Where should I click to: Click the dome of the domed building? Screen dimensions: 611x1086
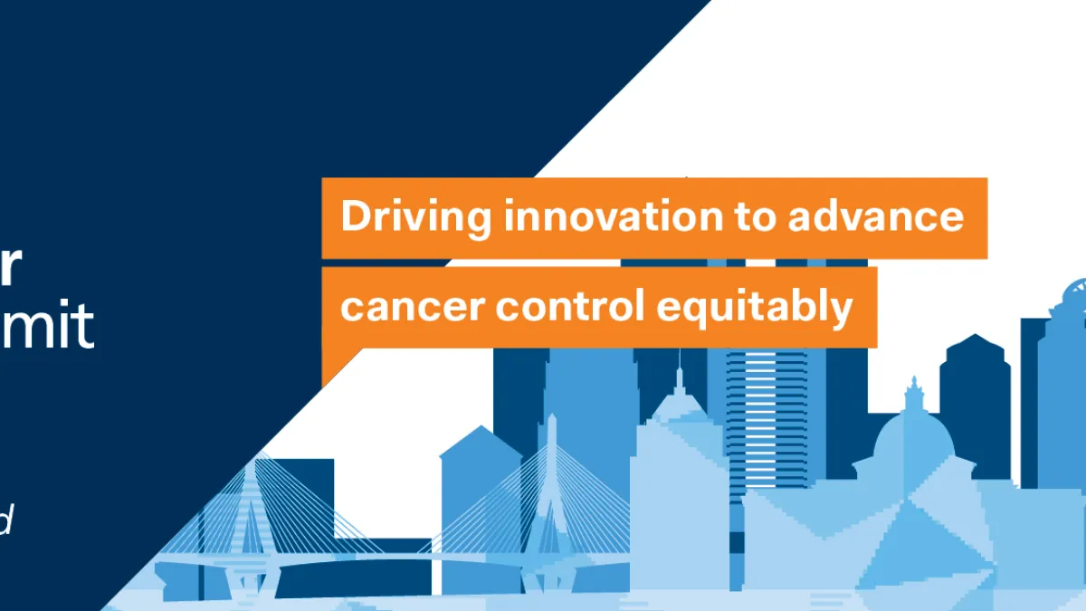[914, 439]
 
